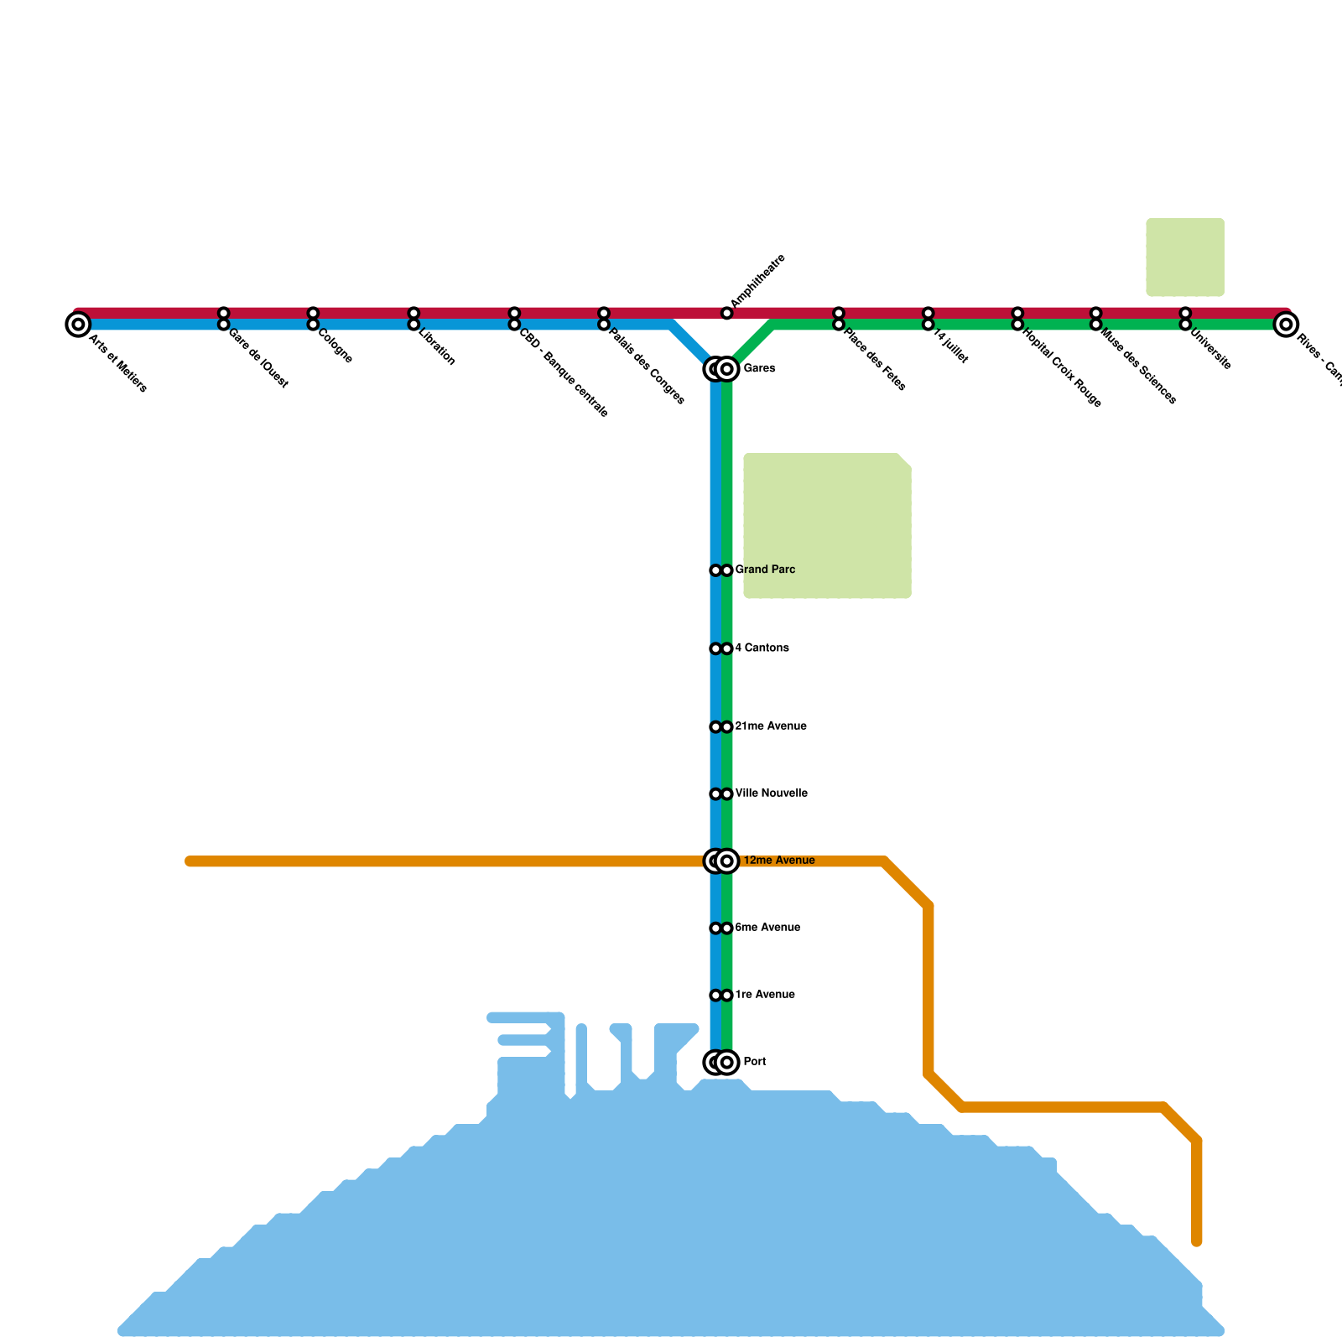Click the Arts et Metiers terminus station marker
(78, 324)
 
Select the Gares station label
(759, 368)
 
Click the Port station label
(754, 1062)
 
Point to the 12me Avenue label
(778, 861)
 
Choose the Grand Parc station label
(766, 570)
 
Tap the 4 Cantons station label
(762, 648)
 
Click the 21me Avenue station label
(770, 726)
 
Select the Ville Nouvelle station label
(771, 793)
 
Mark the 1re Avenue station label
(764, 995)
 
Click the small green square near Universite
(1184, 257)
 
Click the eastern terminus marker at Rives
(1286, 324)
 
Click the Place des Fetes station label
(875, 360)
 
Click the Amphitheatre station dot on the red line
(727, 313)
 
